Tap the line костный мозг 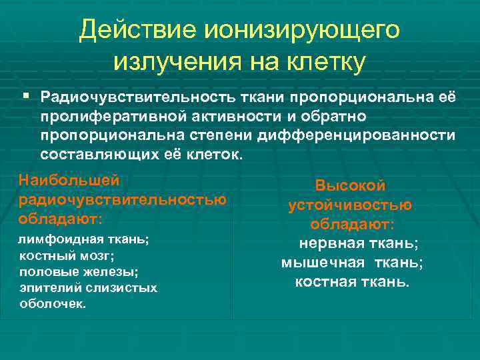pos(67,256)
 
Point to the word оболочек pos(52,303)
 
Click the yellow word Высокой pos(350,187)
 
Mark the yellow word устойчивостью pos(350,205)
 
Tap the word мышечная pos(323,263)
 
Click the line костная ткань pos(353,282)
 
